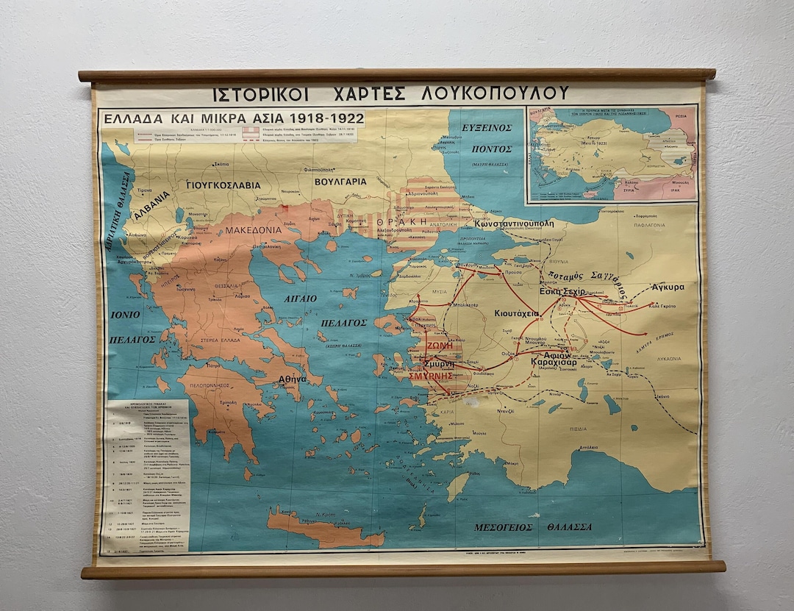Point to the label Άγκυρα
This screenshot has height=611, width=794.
668,287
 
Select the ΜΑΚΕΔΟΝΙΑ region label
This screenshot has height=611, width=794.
253,229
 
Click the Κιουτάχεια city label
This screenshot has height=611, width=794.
517,312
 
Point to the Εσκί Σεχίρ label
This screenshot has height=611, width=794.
562,291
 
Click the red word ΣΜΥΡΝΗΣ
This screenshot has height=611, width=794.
430,375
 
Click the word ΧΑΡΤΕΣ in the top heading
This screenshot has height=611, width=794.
376,94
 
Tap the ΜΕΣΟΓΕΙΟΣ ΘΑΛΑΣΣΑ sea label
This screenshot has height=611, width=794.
532,526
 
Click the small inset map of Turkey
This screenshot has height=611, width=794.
612,154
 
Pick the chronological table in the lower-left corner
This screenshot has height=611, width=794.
147,474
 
